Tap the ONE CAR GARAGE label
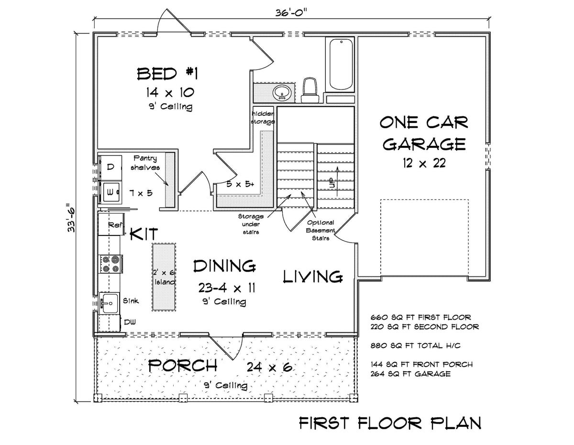(x=423, y=133)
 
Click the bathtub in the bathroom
(x=340, y=65)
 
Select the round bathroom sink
(x=281, y=92)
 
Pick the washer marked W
(x=110, y=192)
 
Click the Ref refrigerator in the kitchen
(x=111, y=224)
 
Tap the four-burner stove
(x=111, y=264)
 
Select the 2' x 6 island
(x=164, y=277)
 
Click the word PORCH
(x=183, y=366)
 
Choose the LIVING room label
(x=313, y=276)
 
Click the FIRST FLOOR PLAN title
(x=390, y=423)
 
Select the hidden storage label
(x=263, y=117)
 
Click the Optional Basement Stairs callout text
(x=320, y=231)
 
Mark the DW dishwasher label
(x=130, y=322)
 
